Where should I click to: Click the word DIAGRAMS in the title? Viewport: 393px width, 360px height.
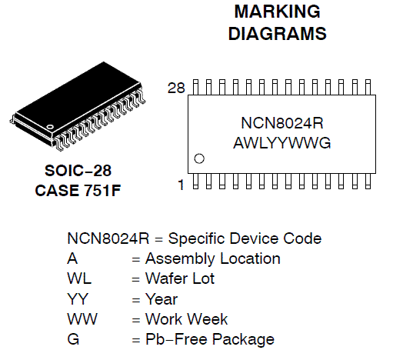(277, 34)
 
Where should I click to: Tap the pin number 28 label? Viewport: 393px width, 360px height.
(177, 87)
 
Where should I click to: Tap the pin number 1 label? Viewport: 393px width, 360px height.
(182, 184)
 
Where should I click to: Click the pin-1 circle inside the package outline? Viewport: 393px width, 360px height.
(199, 159)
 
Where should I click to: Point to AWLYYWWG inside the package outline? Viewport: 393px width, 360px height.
(281, 143)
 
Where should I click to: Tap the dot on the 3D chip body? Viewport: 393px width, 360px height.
(51, 125)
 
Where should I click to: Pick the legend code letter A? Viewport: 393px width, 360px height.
(72, 258)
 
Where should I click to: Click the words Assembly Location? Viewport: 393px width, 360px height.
(213, 258)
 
